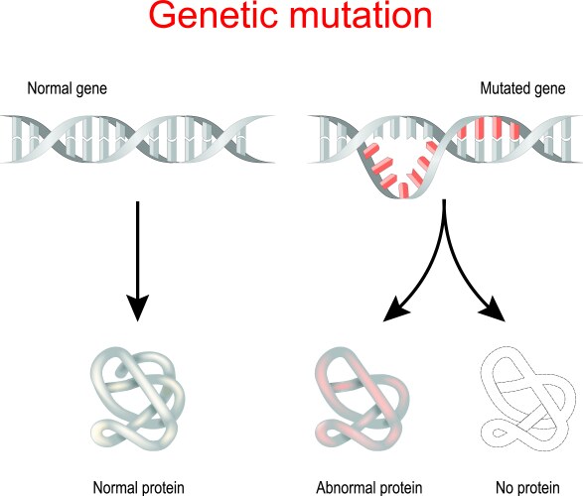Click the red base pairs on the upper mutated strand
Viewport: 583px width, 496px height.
485,130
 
